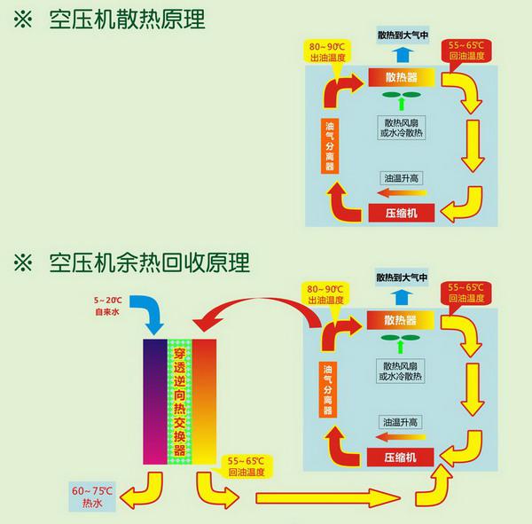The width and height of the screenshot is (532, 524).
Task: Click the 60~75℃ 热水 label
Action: (x=92, y=497)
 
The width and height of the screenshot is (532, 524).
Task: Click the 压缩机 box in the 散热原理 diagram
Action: (x=402, y=213)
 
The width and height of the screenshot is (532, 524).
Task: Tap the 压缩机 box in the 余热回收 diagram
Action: (x=402, y=457)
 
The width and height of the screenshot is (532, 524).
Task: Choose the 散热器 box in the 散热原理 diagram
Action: (x=401, y=77)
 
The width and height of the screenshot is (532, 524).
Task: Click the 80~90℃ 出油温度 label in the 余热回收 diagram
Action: (x=325, y=294)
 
